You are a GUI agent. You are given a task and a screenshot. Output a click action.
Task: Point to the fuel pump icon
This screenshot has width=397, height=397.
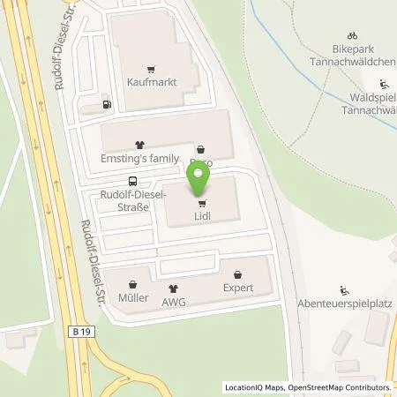108,104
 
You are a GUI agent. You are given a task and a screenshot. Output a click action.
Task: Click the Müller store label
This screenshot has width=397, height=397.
133,298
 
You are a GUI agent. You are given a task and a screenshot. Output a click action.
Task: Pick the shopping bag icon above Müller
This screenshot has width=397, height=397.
133,284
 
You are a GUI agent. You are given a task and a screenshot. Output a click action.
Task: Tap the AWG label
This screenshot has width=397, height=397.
174,301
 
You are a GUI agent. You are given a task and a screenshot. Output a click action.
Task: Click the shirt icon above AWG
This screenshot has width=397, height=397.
173,288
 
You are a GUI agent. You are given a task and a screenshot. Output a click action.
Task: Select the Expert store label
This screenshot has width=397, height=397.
238,288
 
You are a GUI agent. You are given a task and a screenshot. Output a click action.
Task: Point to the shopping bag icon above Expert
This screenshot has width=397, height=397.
238,274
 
